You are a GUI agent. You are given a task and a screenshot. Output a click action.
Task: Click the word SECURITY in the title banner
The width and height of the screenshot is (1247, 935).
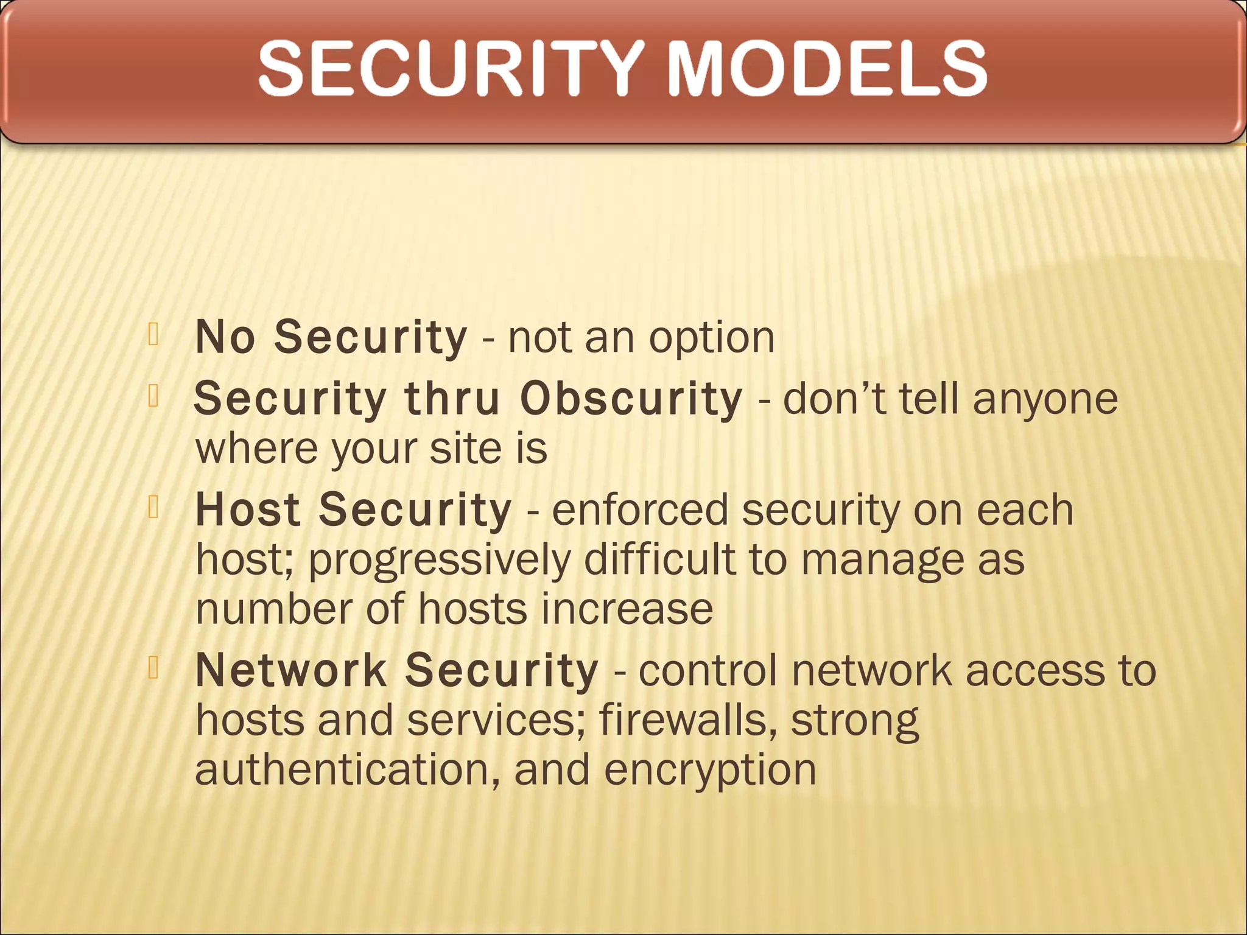[x=451, y=68]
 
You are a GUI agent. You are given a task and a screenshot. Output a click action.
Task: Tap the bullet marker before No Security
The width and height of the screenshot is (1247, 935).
[x=153, y=335]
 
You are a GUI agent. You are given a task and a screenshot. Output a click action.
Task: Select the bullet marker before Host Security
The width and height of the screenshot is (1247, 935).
[x=153, y=508]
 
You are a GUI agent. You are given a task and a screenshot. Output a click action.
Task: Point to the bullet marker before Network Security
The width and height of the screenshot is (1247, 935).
[x=153, y=668]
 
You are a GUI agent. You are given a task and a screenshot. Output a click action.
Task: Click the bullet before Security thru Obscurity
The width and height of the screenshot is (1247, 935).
[x=153, y=397]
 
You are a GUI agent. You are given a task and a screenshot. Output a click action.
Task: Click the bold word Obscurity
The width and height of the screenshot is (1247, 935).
[x=631, y=399]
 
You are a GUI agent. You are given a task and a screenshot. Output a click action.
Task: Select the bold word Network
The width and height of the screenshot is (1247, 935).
[x=291, y=670]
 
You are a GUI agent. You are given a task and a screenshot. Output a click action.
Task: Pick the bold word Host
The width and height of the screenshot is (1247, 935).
[x=248, y=510]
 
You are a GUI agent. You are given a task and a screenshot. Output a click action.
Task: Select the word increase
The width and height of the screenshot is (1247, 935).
[x=627, y=609]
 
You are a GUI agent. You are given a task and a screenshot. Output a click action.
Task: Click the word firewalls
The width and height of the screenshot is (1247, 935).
[x=687, y=720]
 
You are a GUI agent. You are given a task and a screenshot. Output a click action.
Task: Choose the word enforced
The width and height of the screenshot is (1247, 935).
[x=639, y=510]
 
